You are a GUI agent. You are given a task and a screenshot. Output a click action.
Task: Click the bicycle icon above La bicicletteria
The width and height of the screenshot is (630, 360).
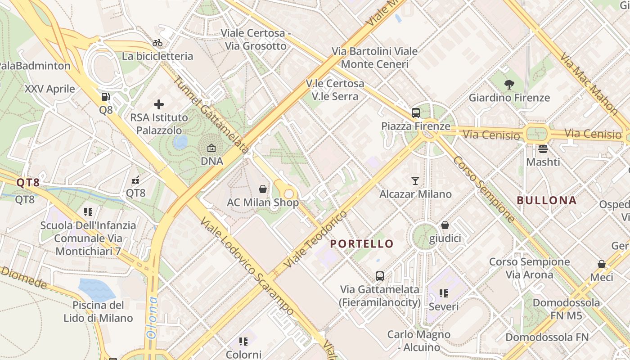[157, 43]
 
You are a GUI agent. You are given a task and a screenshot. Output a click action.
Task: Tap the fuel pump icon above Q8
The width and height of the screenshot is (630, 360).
[105, 96]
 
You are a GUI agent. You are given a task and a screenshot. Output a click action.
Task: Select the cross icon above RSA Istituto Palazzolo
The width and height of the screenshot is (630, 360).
[159, 104]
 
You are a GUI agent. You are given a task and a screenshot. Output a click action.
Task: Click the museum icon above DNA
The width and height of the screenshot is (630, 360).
[211, 148]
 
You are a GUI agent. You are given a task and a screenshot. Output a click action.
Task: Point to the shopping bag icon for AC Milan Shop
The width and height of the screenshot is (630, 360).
[263, 189]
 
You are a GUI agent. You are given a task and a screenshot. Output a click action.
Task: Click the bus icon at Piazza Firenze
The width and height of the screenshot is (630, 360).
[415, 113]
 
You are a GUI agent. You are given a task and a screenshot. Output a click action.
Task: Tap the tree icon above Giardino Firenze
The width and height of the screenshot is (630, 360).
[509, 84]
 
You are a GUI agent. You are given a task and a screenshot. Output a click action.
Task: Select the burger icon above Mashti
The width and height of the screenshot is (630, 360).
[543, 148]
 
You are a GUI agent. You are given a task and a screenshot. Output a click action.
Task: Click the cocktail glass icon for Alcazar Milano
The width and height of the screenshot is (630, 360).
[415, 181]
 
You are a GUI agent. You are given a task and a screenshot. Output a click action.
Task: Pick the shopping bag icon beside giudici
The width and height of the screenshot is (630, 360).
[445, 225]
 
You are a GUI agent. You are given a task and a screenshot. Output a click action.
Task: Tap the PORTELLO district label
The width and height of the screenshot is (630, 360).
[362, 244]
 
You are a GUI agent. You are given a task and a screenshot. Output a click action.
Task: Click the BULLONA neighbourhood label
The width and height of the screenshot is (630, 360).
[546, 201]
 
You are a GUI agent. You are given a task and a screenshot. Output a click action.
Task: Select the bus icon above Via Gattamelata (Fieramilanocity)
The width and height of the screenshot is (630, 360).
[380, 276]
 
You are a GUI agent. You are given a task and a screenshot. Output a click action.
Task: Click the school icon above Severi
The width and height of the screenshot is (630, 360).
[444, 293]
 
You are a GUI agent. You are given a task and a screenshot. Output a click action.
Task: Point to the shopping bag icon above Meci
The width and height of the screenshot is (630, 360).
[601, 264]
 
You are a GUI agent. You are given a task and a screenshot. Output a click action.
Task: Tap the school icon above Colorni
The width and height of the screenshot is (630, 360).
[243, 342]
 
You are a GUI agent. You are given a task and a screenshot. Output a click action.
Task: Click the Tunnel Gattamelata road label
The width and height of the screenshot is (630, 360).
[211, 115]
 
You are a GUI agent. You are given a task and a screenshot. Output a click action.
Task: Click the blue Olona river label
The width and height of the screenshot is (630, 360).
[153, 318]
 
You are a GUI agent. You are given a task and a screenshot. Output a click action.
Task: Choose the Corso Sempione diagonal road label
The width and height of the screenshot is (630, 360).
[484, 189]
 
